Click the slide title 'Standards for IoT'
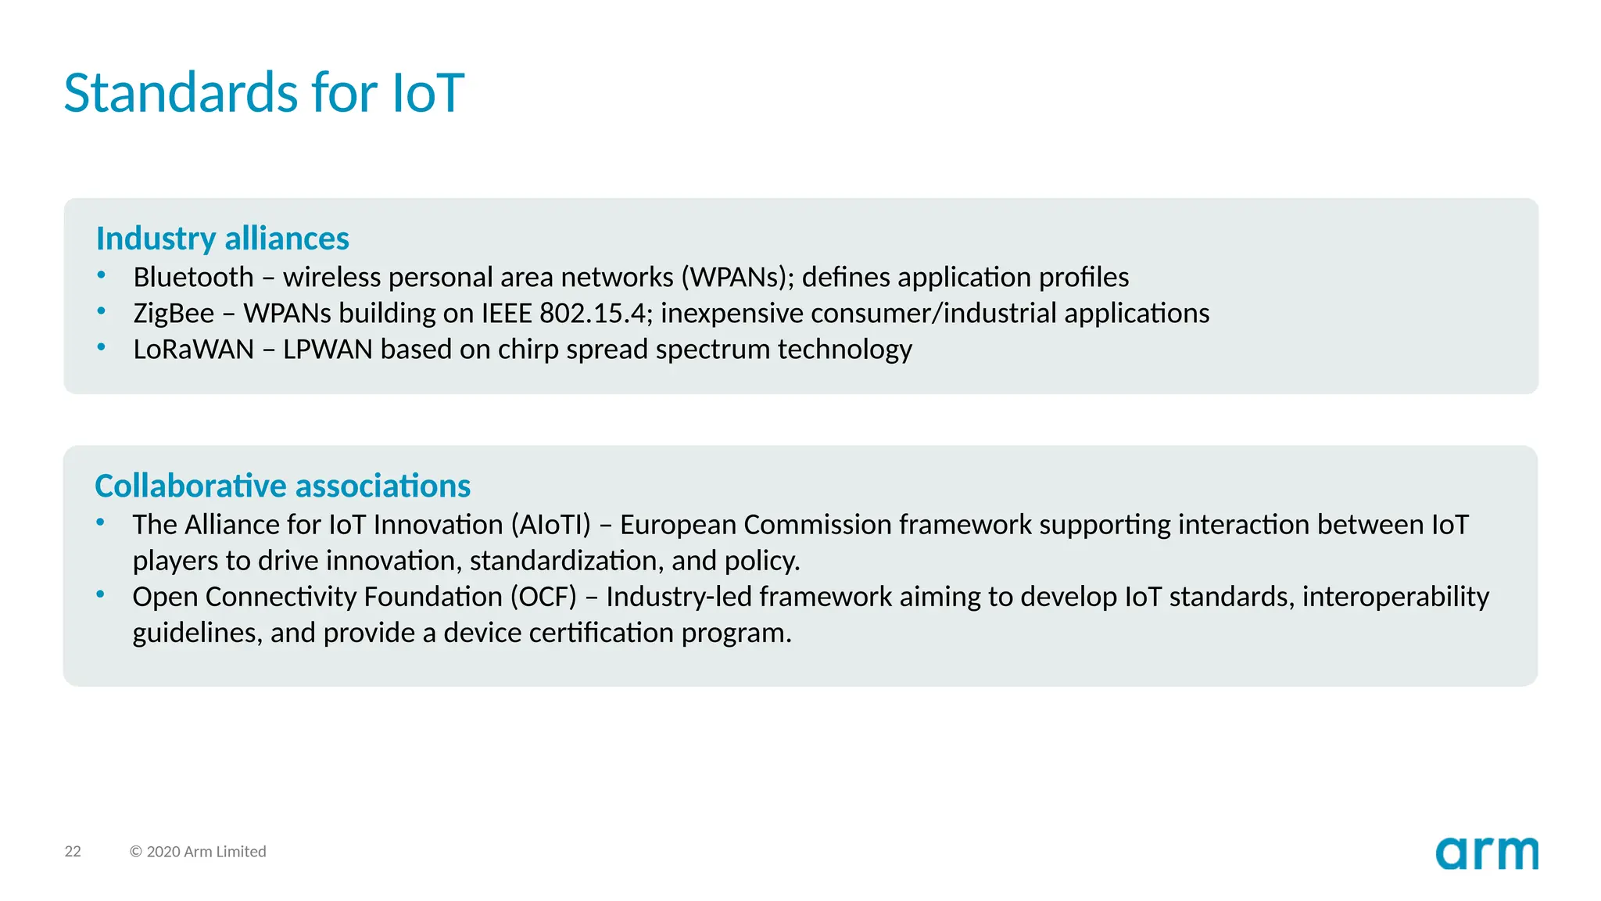tap(263, 92)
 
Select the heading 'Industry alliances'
tap(222, 239)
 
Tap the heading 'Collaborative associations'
tap(282, 486)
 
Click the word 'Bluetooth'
tap(193, 278)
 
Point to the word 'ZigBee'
tap(174, 314)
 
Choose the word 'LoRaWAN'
tap(193, 350)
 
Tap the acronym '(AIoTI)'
tap(551, 525)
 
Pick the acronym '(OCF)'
tap(543, 597)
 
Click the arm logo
tap(1486, 853)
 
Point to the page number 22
tap(73, 852)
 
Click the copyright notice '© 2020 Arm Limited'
tap(198, 852)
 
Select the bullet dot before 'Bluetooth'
tap(101, 275)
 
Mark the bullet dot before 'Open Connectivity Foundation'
tap(100, 594)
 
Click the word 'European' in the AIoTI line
tap(678, 525)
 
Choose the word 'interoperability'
tap(1395, 597)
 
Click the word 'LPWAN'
tap(328, 350)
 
